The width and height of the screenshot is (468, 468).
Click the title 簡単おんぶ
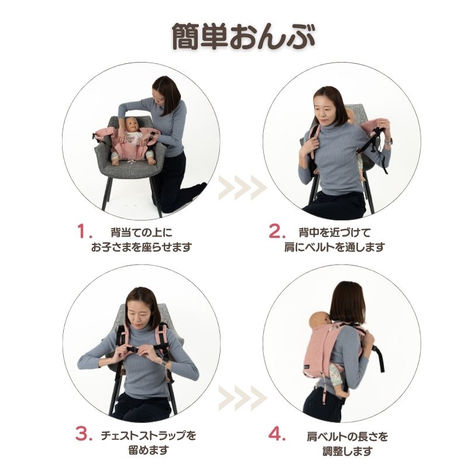tap(243, 36)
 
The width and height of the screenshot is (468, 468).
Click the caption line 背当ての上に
tap(142, 232)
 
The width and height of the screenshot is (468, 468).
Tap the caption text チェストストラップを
tap(149, 436)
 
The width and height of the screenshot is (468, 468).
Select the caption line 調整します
tap(347, 451)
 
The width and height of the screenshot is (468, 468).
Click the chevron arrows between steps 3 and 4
tap(242, 397)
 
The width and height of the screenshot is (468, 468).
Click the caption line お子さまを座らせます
tap(142, 247)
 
